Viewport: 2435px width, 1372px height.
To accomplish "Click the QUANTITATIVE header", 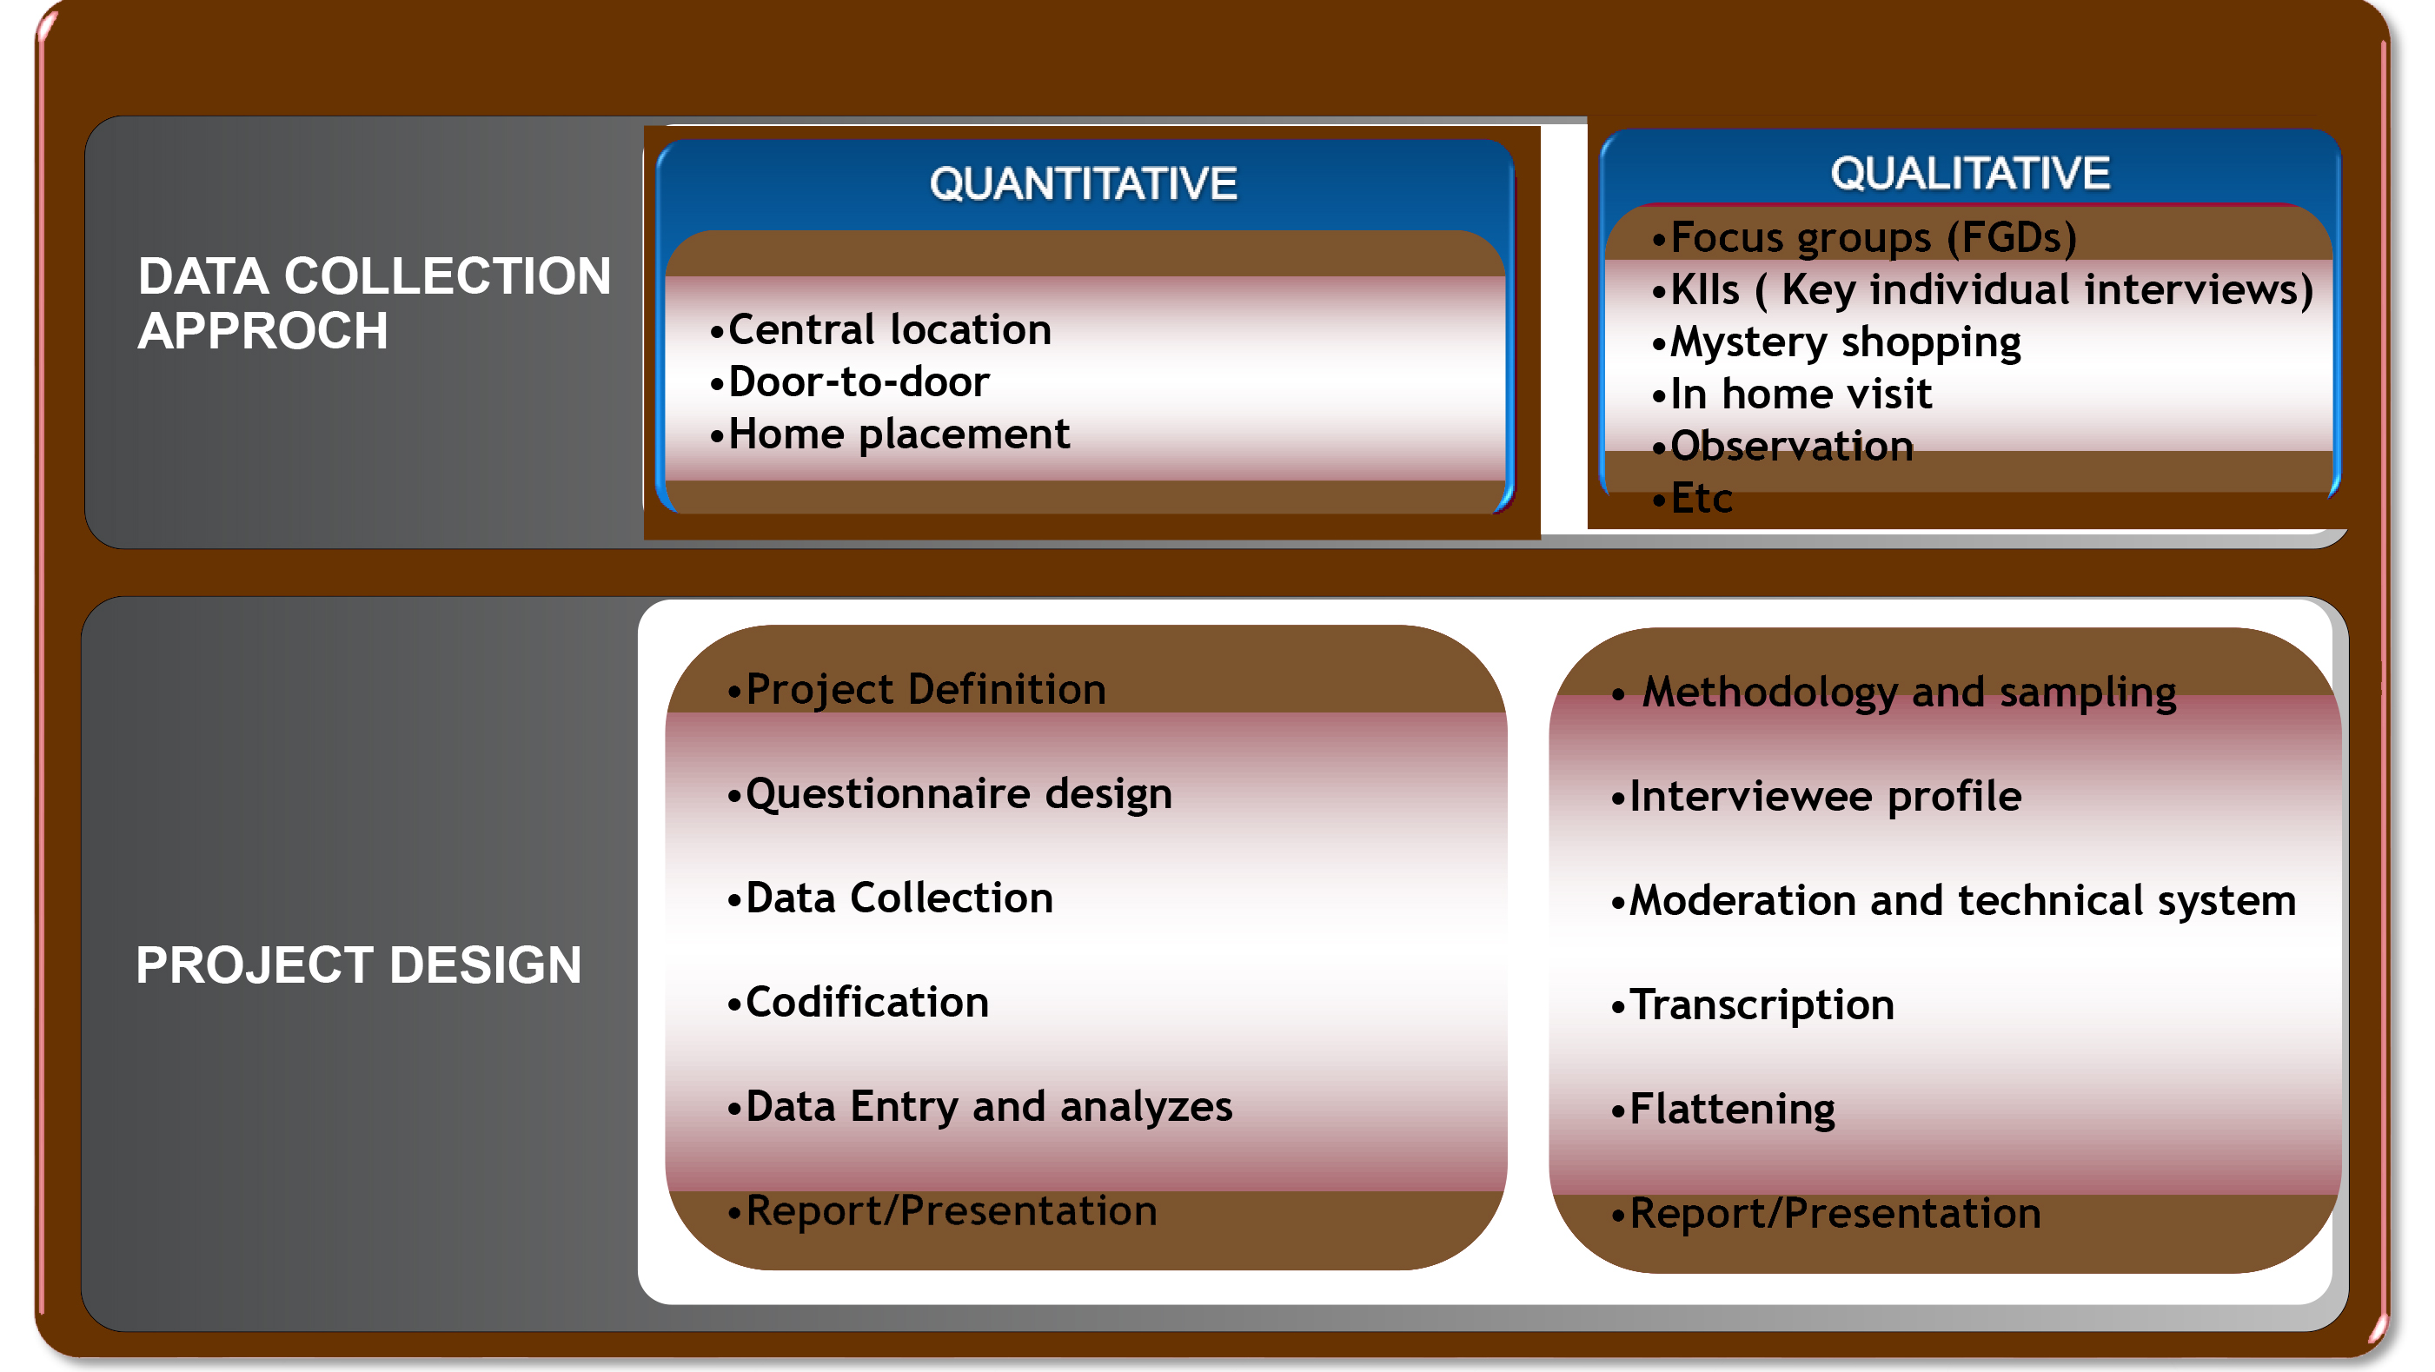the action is (1084, 183).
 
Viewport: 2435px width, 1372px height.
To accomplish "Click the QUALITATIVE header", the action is (1970, 173).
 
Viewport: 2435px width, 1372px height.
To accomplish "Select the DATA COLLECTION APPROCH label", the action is (375, 303).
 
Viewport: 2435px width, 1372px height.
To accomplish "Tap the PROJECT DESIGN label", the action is (358, 964).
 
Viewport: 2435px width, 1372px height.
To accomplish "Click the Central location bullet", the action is (880, 330).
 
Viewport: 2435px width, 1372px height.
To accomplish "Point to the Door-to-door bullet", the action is (849, 381).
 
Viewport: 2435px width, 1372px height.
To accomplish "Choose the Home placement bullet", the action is (890, 434).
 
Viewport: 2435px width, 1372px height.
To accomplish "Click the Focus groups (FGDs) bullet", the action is (1864, 237).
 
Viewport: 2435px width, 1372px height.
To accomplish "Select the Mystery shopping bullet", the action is (1835, 342).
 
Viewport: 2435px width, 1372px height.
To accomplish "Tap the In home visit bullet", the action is (1791, 394).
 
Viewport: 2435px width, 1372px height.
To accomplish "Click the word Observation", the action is (1792, 446).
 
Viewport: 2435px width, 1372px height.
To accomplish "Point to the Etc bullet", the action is (1692, 498).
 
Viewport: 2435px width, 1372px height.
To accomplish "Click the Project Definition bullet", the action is (916, 690).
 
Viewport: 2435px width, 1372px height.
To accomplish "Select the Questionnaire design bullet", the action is (949, 793).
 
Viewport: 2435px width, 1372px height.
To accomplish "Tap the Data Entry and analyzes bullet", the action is (979, 1106).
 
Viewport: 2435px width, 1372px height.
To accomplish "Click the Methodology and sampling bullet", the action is (1894, 693).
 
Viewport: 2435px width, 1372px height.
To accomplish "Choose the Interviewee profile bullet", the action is (1816, 797).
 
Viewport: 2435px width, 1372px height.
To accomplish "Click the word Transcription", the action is (1762, 1004).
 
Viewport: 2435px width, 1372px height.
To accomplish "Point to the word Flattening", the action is (1732, 1110).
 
